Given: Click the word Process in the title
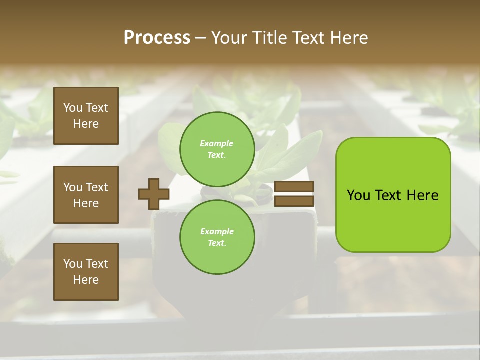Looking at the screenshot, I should (x=157, y=38).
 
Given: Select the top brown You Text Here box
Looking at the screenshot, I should (x=86, y=116).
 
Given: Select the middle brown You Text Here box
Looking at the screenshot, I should (x=86, y=195).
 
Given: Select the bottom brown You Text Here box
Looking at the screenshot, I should (x=86, y=272).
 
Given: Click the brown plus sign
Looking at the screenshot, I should (x=154, y=194).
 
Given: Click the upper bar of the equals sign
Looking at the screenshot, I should (x=294, y=187).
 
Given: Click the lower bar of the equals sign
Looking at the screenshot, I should (x=294, y=201).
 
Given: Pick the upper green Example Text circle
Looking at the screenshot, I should (x=217, y=149).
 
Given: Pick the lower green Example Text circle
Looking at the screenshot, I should (x=217, y=237).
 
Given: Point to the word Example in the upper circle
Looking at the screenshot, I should (x=217, y=143).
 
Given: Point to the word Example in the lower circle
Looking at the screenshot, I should (x=217, y=231).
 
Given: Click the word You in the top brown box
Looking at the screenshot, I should (x=72, y=108).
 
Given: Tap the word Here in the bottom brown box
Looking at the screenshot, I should (x=86, y=280).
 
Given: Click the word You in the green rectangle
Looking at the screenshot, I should (x=358, y=195).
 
